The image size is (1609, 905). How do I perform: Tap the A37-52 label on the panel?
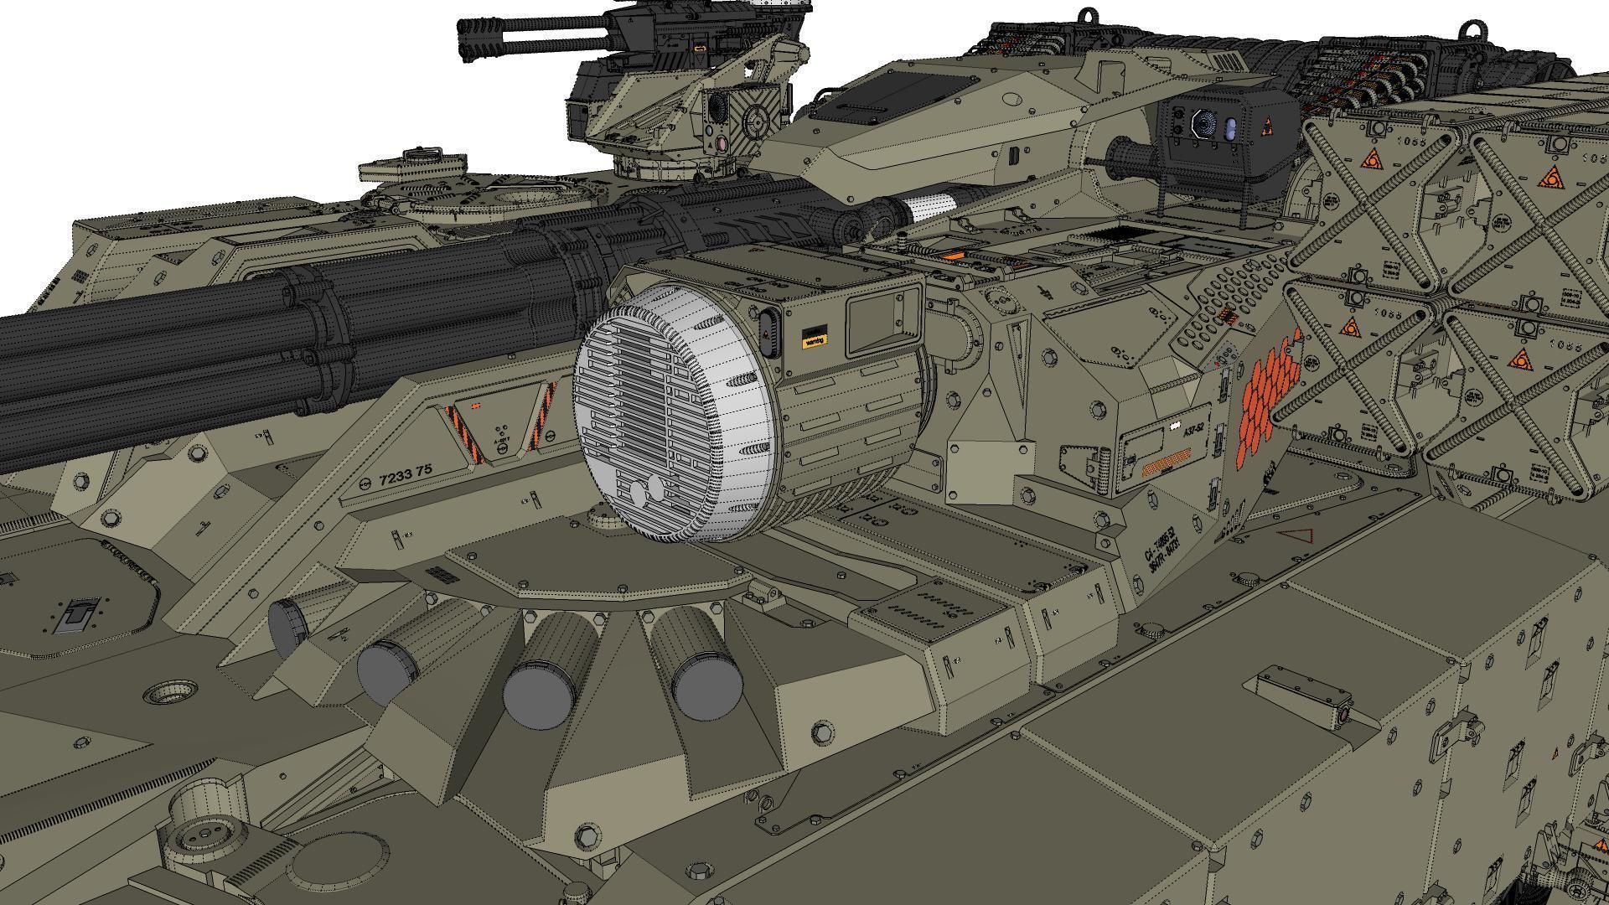pyautogui.click(x=1192, y=430)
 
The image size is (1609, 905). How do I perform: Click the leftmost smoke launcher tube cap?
pyautogui.click(x=287, y=628)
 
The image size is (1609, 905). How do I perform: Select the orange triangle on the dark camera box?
pyautogui.click(x=1268, y=128)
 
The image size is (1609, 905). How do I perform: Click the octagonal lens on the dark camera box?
pyautogui.click(x=1204, y=125)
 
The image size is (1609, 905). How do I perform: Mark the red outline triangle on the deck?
pyautogui.click(x=1295, y=537)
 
